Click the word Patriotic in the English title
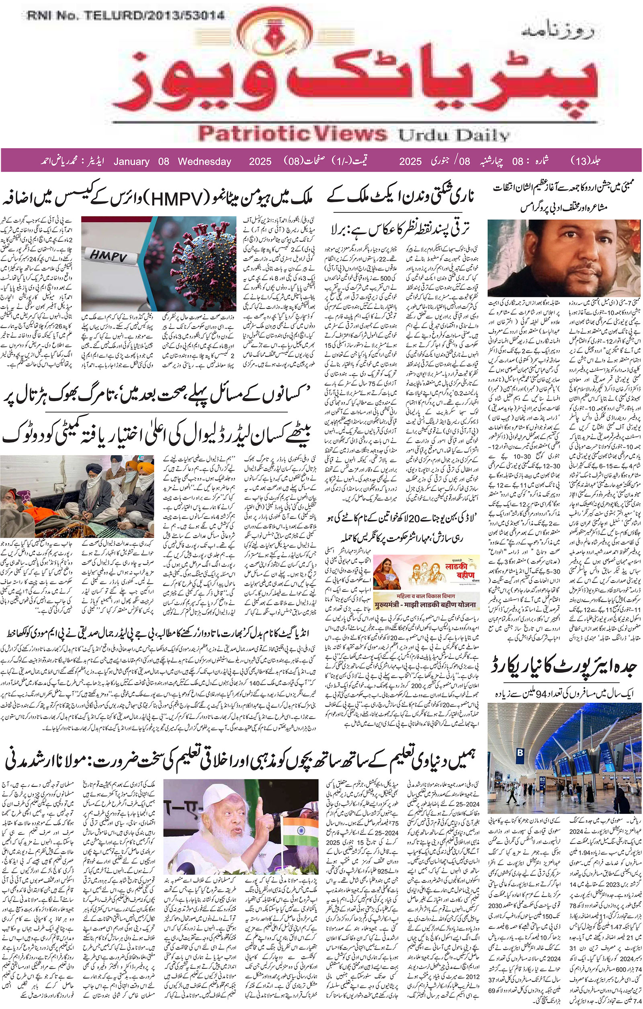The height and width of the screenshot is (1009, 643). point(252,134)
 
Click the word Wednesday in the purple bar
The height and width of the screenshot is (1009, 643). point(205,161)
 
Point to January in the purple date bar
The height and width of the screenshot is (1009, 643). point(131,161)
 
